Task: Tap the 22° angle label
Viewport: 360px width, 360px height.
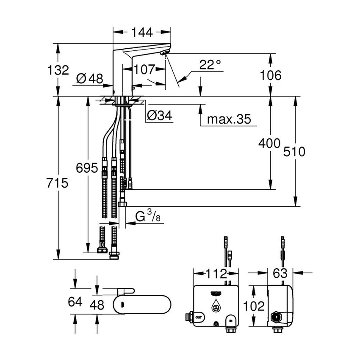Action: tap(210, 65)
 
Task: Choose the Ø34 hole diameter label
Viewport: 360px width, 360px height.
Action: tap(160, 116)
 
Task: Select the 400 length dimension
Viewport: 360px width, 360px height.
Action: tap(269, 143)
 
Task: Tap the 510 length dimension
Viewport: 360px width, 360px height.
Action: tap(294, 152)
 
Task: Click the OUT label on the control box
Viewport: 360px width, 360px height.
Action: tap(199, 316)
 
